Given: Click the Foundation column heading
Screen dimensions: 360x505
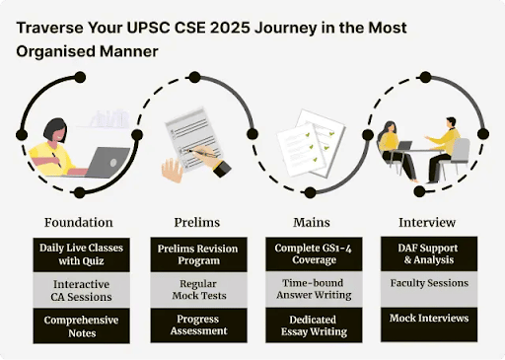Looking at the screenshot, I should pos(79,222).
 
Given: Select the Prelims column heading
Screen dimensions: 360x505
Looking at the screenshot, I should pos(191,222).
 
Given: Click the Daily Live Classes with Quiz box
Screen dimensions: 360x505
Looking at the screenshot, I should pos(79,253).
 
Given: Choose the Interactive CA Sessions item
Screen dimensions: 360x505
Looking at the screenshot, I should pos(79,290).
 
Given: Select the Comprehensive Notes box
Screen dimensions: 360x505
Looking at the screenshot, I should pos(79,326).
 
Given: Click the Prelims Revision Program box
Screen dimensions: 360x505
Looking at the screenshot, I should pos(191,253).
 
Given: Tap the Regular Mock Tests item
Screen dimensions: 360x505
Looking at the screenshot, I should pos(191,290).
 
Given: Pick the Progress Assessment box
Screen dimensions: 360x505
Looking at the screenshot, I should pos(191,326).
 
